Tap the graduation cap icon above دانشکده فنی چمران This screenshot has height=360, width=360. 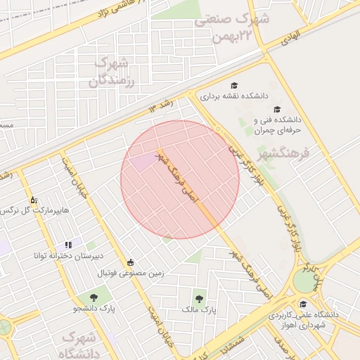(x=277, y=110)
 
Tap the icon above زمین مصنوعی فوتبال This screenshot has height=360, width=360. (x=130, y=262)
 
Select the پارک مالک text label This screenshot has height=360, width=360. (x=200, y=309)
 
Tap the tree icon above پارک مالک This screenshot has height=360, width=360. (x=200, y=297)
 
